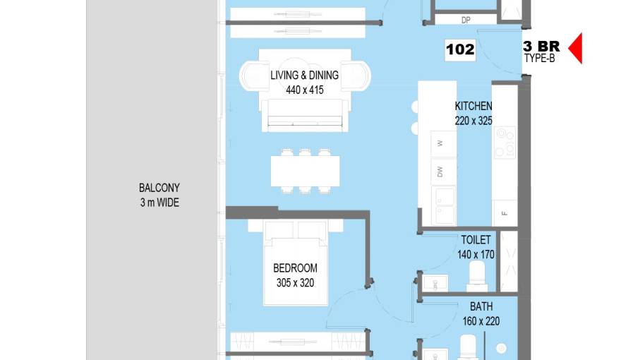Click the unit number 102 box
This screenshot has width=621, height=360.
click(x=460, y=50)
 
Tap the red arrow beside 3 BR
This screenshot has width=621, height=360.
click(x=577, y=48)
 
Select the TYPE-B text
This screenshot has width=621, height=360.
click(x=539, y=58)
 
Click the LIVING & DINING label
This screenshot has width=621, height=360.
click(x=305, y=76)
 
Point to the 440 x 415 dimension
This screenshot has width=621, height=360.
click(x=305, y=90)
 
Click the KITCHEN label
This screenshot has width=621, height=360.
click(x=474, y=106)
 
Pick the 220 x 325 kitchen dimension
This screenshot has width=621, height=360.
click(x=474, y=121)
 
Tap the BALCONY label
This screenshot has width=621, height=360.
click(x=159, y=188)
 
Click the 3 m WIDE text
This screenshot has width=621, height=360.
click(x=159, y=203)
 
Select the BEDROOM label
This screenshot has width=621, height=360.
click(x=295, y=268)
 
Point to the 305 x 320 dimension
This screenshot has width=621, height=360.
click(x=295, y=283)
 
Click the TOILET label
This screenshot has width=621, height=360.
click(x=476, y=240)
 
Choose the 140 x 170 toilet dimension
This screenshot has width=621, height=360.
click(x=476, y=255)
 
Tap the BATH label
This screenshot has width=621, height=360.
click(x=481, y=306)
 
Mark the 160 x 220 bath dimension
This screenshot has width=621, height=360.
click(x=481, y=321)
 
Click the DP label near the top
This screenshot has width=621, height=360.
click(x=466, y=20)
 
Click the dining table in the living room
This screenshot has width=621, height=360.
click(x=305, y=171)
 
